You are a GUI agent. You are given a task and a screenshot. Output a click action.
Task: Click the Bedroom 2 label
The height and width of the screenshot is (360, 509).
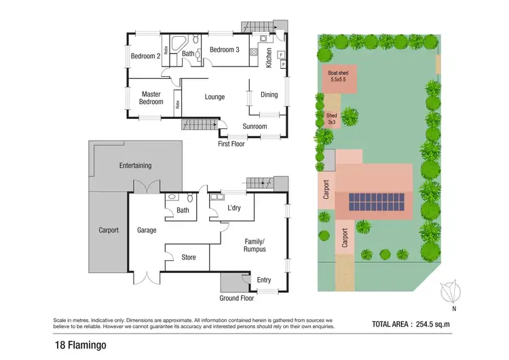[145, 56]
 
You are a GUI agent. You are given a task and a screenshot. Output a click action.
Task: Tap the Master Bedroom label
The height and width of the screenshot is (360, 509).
[151, 98]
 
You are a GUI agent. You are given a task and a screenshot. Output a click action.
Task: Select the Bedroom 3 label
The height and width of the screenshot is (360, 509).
[224, 50]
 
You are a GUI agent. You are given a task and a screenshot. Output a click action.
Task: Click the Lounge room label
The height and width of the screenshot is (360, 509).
[214, 97]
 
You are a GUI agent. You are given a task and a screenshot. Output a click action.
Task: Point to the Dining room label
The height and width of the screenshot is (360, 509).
[269, 94]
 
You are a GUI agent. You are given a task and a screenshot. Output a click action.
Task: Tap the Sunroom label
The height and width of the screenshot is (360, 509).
[255, 126]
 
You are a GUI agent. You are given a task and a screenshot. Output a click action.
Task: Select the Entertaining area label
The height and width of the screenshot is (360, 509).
[135, 165]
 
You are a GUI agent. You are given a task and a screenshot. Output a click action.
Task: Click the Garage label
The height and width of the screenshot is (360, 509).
[147, 230]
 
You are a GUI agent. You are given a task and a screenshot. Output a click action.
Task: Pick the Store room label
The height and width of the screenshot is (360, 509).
[189, 257]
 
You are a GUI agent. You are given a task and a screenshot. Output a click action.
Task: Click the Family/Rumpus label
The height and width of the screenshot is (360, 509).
[256, 245]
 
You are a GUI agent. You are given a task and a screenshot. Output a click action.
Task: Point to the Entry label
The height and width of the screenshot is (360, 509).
[263, 279]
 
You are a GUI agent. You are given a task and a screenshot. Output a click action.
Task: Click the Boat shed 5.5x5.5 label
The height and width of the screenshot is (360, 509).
[337, 76]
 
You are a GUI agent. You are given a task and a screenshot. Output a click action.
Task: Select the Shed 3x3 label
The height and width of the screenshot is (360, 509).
[331, 119]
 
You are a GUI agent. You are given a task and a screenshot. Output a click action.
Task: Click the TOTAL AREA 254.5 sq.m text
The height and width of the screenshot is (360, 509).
[411, 324]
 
